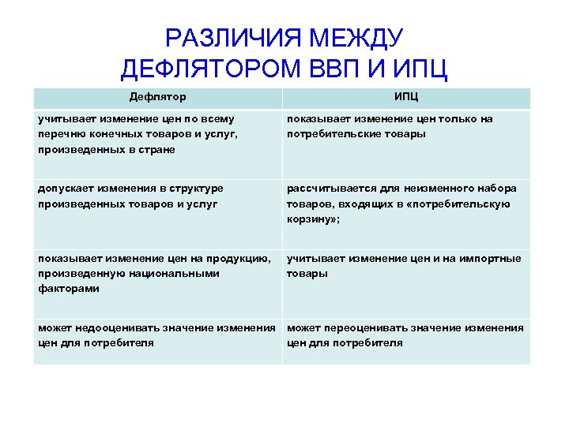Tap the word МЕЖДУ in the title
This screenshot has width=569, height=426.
tap(356, 38)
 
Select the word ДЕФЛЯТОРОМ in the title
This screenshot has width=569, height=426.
tap(209, 69)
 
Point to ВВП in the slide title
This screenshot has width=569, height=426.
tap(338, 69)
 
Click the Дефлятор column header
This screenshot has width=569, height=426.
tap(158, 97)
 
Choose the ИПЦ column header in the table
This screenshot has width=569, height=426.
tap(406, 97)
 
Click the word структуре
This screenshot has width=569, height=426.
tap(191, 189)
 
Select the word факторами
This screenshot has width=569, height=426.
tap(69, 289)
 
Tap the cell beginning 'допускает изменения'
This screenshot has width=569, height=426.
tap(157, 213)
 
